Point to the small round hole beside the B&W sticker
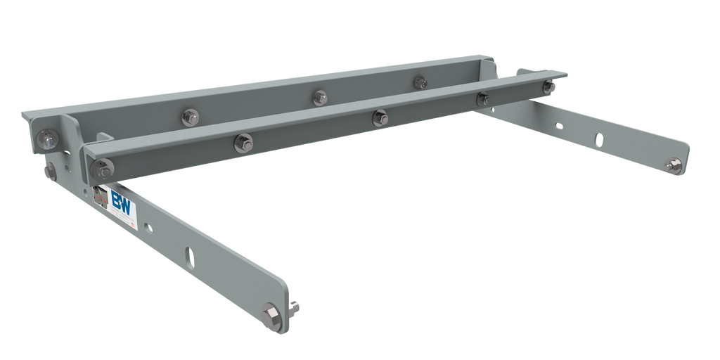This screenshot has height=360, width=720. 148,227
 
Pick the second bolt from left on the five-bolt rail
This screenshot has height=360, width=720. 243,141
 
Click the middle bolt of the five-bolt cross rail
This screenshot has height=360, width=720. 380,117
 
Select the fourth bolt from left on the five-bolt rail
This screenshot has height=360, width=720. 482,99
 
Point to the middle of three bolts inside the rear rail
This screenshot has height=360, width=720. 320,97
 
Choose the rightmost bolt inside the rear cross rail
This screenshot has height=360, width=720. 420,82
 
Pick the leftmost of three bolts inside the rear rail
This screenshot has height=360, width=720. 189,117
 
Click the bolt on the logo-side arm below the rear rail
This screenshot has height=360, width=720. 50,171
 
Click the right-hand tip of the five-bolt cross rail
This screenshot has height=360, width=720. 566,74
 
